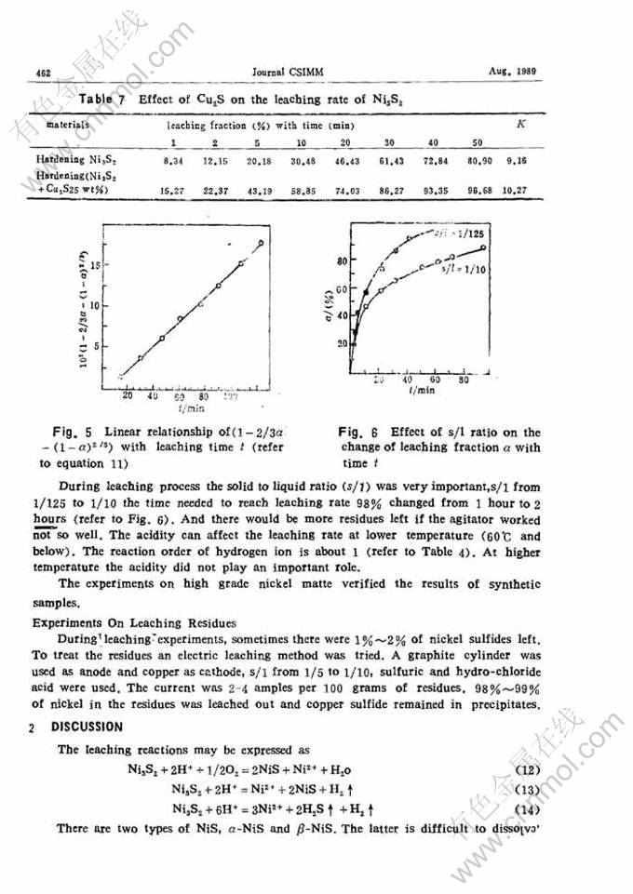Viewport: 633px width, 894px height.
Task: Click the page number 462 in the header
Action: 42,72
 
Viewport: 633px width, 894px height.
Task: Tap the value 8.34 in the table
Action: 172,161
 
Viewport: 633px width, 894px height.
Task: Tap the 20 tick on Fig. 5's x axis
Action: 128,394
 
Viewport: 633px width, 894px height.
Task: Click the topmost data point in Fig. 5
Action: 262,243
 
